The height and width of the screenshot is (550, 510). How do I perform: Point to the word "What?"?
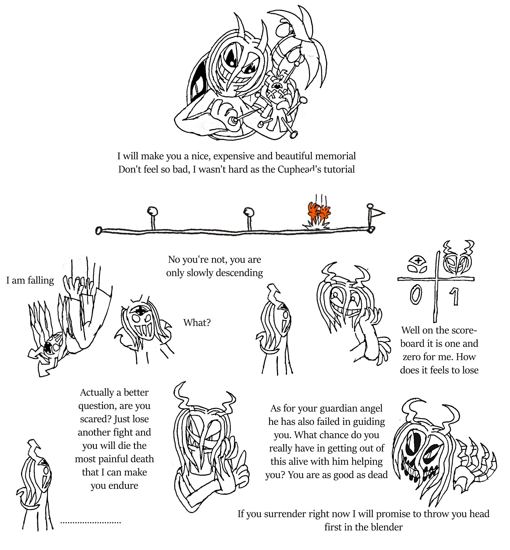pos(197,322)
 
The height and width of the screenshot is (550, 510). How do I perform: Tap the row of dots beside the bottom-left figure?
pos(91,523)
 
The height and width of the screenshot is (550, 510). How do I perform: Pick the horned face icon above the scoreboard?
pos(458,258)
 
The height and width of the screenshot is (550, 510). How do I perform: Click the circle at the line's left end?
pos(98,231)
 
